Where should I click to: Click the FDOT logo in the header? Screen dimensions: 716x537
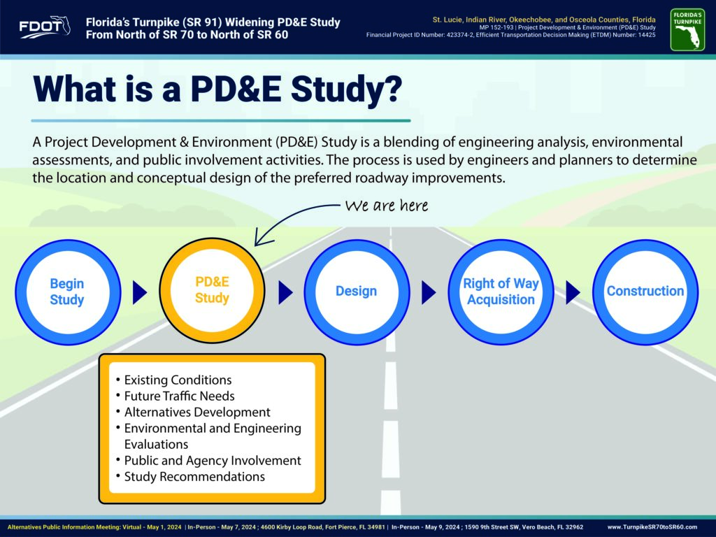tap(45, 27)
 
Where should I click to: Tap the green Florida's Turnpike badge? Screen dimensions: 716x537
tap(687, 29)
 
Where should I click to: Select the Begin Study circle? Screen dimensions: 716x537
tap(68, 292)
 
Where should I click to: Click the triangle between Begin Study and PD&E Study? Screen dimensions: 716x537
tap(139, 292)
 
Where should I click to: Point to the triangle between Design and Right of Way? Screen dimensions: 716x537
tap(429, 292)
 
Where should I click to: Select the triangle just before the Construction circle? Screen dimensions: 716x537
tap(573, 292)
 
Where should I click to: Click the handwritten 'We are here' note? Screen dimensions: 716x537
tap(386, 206)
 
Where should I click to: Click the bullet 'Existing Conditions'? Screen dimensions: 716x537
tap(178, 380)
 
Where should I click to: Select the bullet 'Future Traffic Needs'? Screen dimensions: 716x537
tap(180, 396)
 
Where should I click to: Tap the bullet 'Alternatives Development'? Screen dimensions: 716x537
tap(197, 412)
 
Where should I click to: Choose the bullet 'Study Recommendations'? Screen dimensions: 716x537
tap(194, 476)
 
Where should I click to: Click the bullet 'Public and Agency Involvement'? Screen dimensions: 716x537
tap(213, 460)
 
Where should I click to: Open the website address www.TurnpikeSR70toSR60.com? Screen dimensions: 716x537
tap(652, 527)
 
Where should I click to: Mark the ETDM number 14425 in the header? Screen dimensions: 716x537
tap(647, 35)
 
